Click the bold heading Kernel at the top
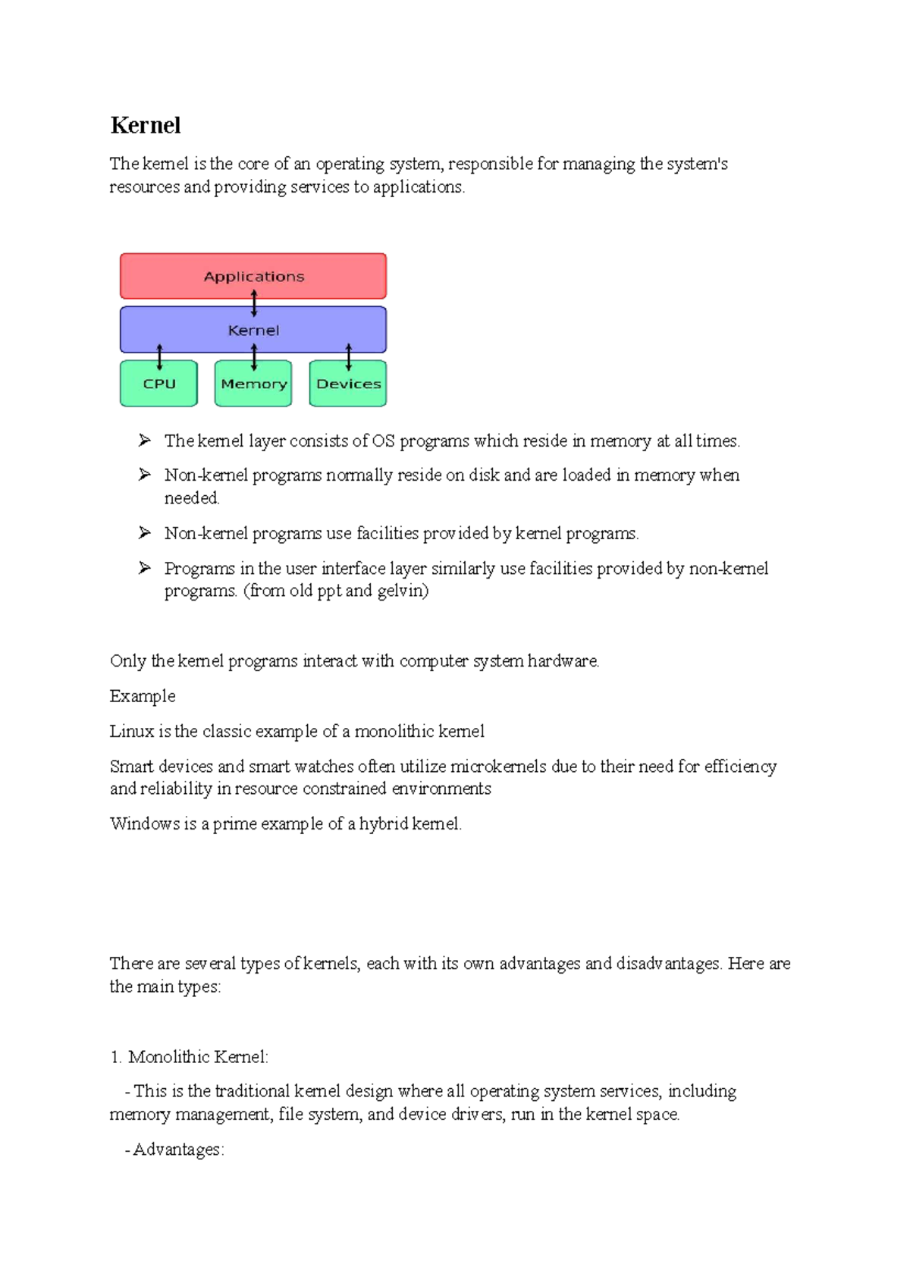tap(145, 125)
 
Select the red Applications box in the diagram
tap(253, 276)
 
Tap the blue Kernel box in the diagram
tap(253, 331)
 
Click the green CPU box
tap(159, 384)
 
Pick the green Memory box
tap(253, 384)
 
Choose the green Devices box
tap(348, 384)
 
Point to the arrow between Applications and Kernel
tap(254, 303)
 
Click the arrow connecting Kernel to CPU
tap(159, 356)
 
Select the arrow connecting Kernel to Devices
tap(348, 356)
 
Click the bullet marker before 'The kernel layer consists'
tap(145, 441)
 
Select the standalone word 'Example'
tap(143, 696)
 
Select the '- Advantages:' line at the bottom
tap(175, 1150)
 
